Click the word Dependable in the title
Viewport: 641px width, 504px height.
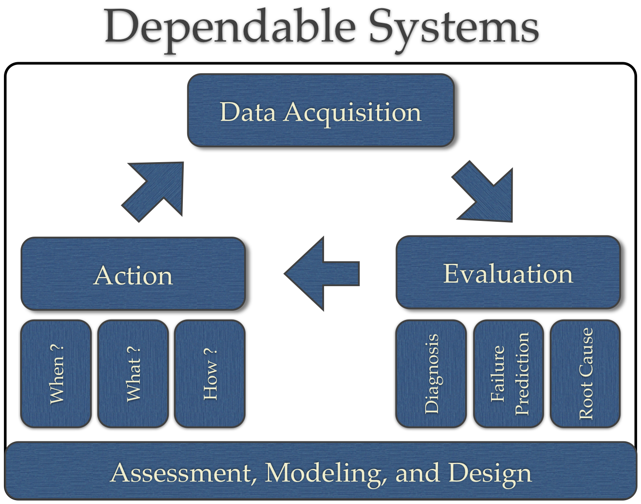[230, 27]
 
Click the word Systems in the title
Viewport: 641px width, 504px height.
[453, 27]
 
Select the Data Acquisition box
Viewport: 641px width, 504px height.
[320, 110]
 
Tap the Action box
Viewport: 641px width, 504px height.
[133, 274]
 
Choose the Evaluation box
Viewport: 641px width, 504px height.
[508, 273]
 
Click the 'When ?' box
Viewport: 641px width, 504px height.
[56, 373]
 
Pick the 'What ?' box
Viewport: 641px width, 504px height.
[133, 373]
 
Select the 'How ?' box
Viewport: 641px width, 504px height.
[210, 373]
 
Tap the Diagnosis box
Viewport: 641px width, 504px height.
[431, 373]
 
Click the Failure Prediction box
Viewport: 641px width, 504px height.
[509, 373]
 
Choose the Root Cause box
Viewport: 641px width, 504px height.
[585, 373]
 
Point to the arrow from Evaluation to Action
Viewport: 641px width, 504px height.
[323, 273]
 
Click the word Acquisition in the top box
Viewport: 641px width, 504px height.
[353, 112]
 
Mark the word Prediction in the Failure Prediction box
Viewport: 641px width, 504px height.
[522, 373]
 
